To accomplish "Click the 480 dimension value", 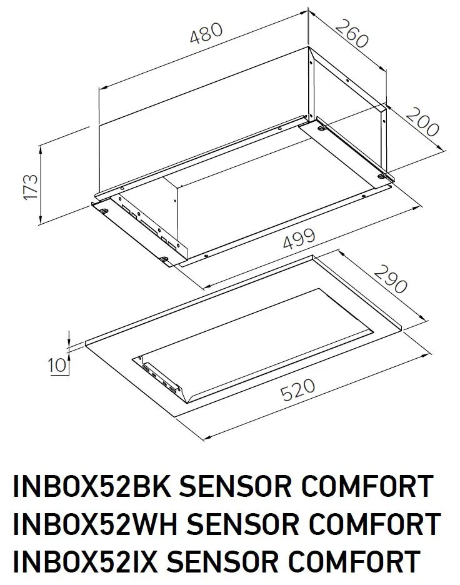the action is click(206, 33).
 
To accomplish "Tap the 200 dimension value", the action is click(422, 122).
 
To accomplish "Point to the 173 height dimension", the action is click(31, 186).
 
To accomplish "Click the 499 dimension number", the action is click(299, 239).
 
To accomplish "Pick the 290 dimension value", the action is click(390, 279).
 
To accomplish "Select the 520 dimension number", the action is click(297, 390).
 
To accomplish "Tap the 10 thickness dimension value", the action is click(57, 365).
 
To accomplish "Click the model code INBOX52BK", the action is click(91, 486).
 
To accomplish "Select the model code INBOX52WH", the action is click(95, 524).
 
